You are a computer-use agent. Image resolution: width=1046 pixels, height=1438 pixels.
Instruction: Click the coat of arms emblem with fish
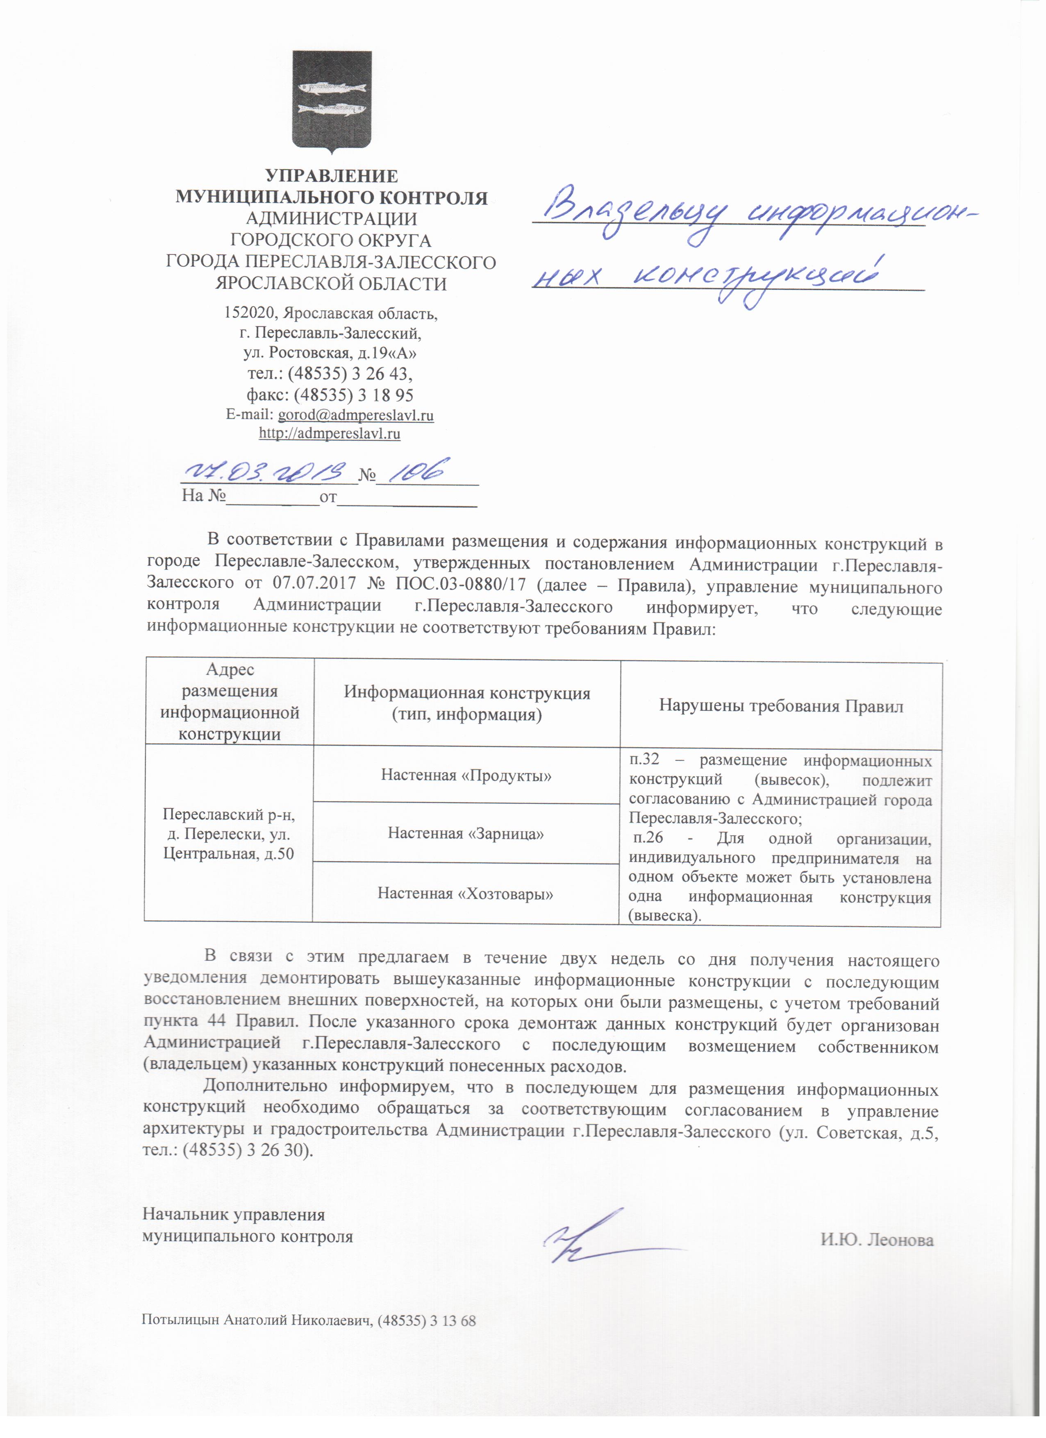tap(331, 102)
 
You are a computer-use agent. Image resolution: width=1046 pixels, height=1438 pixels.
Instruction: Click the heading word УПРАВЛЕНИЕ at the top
tap(331, 176)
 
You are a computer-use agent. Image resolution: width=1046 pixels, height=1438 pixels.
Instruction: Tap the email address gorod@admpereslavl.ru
tap(356, 415)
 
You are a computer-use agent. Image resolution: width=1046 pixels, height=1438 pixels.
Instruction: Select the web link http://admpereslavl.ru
tap(329, 434)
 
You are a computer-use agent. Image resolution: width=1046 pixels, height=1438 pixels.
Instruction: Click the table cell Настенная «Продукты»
tap(466, 775)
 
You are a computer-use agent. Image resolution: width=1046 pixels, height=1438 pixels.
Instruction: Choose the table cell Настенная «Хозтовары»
tap(466, 894)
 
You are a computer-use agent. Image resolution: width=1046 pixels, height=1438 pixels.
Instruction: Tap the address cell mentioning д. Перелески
tap(230, 834)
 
